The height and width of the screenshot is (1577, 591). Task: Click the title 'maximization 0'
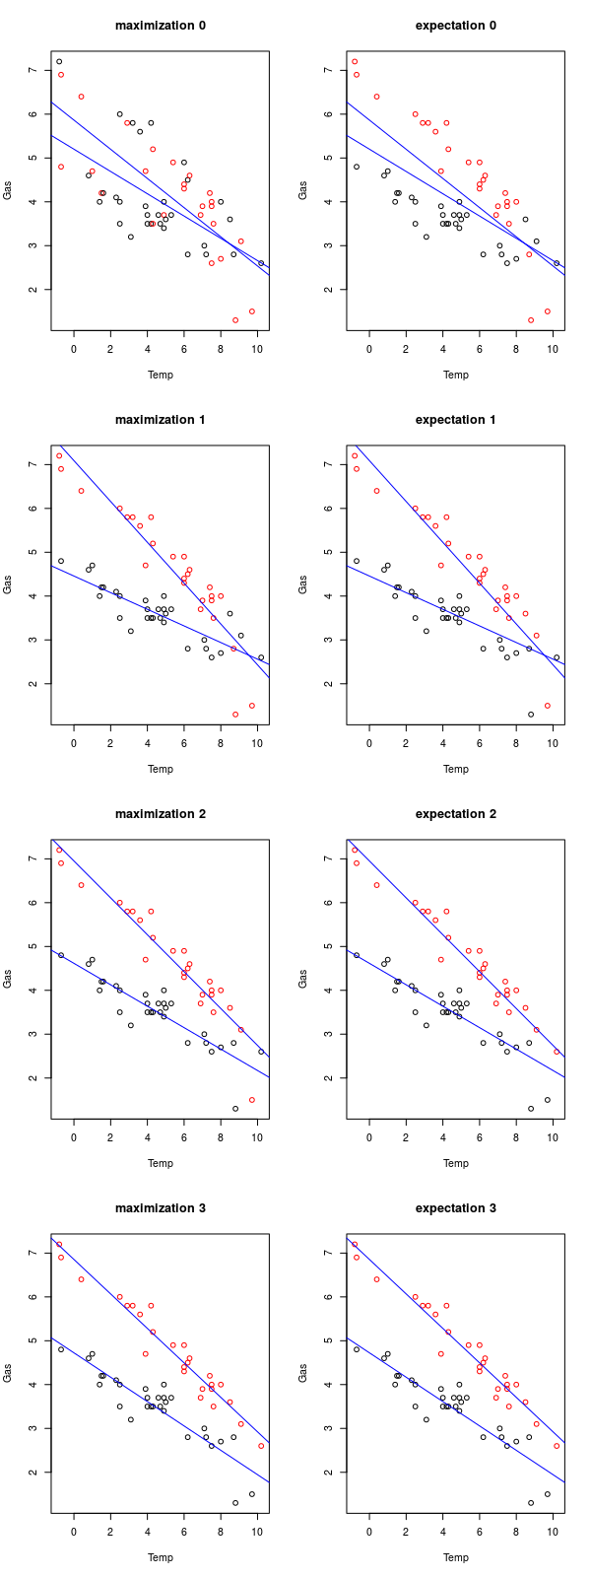(160, 25)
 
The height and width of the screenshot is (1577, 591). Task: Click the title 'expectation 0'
(455, 25)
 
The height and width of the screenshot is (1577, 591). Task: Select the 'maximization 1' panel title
(160, 419)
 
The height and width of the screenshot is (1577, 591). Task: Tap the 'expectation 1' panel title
(455, 419)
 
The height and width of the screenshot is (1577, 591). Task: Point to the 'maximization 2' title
(160, 813)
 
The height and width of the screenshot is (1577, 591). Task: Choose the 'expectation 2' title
(455, 813)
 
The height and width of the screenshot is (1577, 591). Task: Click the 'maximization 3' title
(160, 1207)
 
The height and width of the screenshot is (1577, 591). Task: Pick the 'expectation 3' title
(455, 1207)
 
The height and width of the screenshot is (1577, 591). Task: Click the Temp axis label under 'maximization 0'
(160, 375)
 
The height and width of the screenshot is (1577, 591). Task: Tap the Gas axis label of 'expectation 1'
(303, 584)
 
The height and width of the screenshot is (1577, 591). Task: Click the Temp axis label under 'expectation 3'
(455, 1557)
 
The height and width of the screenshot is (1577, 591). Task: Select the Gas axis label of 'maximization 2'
(8, 979)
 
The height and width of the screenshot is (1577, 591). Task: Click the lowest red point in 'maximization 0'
(235, 320)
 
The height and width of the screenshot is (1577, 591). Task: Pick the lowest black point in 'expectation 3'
(530, 1503)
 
